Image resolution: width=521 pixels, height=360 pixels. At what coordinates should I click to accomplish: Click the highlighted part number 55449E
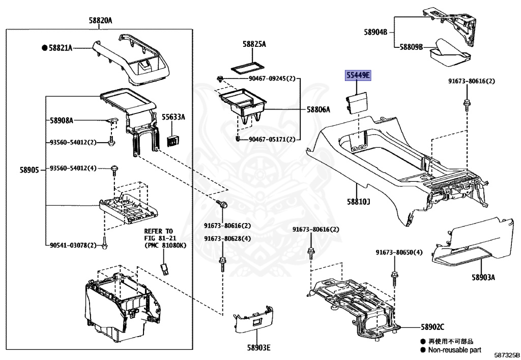pyautogui.click(x=359, y=76)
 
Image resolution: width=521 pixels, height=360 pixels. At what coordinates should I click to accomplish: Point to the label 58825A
pyautogui.click(x=254, y=44)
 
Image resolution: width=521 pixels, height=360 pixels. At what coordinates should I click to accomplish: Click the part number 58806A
pyautogui.click(x=318, y=109)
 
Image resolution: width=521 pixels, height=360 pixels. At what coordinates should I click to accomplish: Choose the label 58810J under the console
pyautogui.click(x=359, y=202)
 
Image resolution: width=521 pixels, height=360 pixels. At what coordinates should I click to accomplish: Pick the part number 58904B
pyautogui.click(x=375, y=32)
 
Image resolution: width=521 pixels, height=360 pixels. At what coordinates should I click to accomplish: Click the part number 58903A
pyautogui.click(x=483, y=278)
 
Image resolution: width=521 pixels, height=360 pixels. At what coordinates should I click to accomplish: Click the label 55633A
pyautogui.click(x=173, y=117)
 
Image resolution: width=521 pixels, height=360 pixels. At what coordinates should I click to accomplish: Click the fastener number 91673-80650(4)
pyautogui.click(x=399, y=252)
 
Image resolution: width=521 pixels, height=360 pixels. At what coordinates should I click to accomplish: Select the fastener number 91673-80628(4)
pyautogui.click(x=227, y=238)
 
